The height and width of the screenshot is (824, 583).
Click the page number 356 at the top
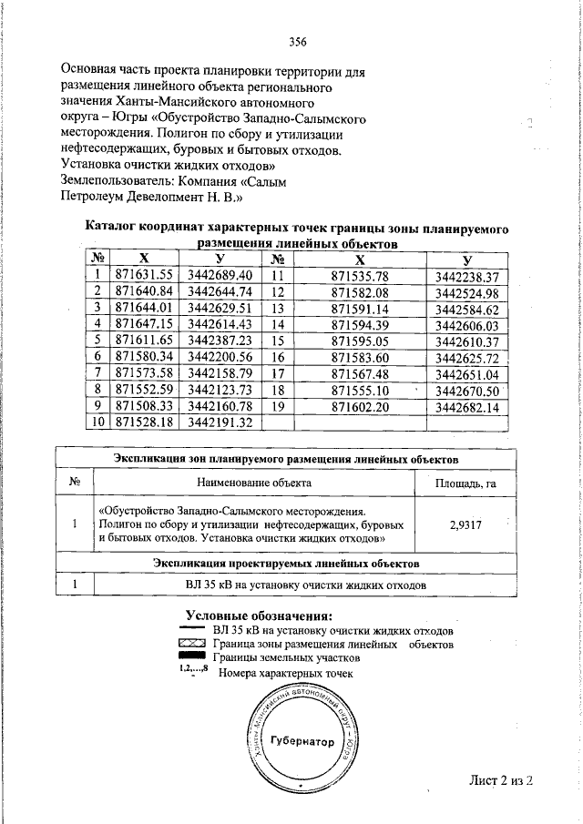[x=297, y=41]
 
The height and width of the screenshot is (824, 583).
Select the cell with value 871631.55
[x=144, y=275]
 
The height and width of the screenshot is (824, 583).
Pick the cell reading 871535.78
[x=360, y=276]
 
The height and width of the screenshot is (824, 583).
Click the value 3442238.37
[x=467, y=276]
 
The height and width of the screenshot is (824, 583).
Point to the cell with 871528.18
[x=144, y=422]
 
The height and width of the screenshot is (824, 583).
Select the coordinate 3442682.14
[x=467, y=407]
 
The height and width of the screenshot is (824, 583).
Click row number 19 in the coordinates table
[x=279, y=407]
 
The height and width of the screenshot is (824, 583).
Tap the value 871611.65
[x=144, y=341]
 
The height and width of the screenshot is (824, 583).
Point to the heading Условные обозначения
[x=259, y=616]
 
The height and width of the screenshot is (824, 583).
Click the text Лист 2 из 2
[x=499, y=779]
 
